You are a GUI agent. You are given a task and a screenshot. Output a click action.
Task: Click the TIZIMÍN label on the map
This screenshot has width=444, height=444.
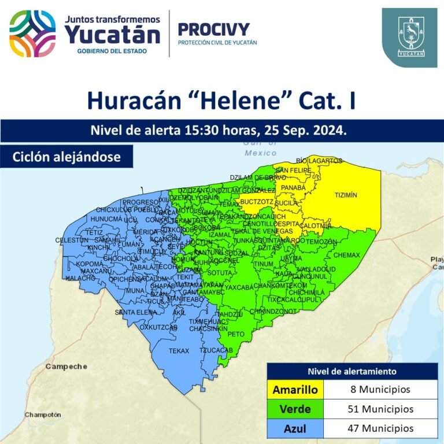click(346, 195)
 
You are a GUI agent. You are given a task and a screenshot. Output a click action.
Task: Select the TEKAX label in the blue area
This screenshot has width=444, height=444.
click(179, 351)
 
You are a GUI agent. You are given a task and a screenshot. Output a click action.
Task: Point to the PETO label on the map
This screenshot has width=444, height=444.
click(236, 334)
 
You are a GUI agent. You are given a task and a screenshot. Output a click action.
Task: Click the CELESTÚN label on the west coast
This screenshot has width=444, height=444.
click(71, 240)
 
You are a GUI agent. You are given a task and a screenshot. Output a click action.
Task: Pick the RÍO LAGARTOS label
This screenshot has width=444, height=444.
click(319, 160)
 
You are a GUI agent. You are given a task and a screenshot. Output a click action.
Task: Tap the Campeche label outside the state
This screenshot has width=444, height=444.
click(66, 367)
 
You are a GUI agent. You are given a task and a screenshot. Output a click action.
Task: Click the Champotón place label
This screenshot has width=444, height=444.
click(43, 415)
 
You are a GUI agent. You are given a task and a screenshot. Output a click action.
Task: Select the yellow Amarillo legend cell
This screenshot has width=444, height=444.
click(295, 390)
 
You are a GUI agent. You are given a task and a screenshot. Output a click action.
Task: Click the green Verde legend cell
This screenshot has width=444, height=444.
click(295, 409)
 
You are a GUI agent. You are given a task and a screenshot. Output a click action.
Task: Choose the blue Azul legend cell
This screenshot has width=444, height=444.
click(295, 428)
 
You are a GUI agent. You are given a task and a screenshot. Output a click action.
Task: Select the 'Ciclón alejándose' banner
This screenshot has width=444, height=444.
click(67, 157)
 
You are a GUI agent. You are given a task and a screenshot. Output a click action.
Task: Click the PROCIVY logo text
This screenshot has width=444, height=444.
click(213, 29)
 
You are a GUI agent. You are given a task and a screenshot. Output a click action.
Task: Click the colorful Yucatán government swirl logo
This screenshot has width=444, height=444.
click(32, 33)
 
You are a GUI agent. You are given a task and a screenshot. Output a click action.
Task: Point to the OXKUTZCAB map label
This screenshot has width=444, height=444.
click(158, 327)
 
